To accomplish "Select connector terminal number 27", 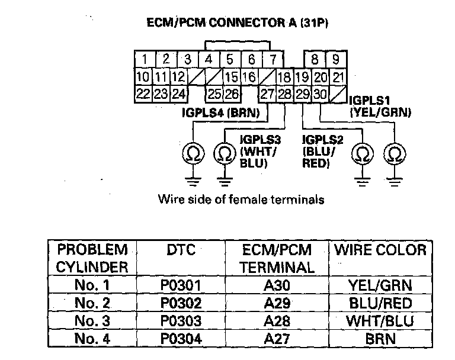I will [267, 93].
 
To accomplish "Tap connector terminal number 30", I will [320, 93].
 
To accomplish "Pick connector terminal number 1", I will [145, 59].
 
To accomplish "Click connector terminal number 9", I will [335, 59].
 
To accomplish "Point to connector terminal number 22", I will [143, 93].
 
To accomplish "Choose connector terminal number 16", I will [249, 77].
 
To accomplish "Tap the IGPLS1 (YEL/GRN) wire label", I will [380, 107].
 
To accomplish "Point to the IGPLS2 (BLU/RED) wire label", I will [321, 152].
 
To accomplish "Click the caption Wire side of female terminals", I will [241, 200].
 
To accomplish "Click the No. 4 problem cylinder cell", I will [92, 340].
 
